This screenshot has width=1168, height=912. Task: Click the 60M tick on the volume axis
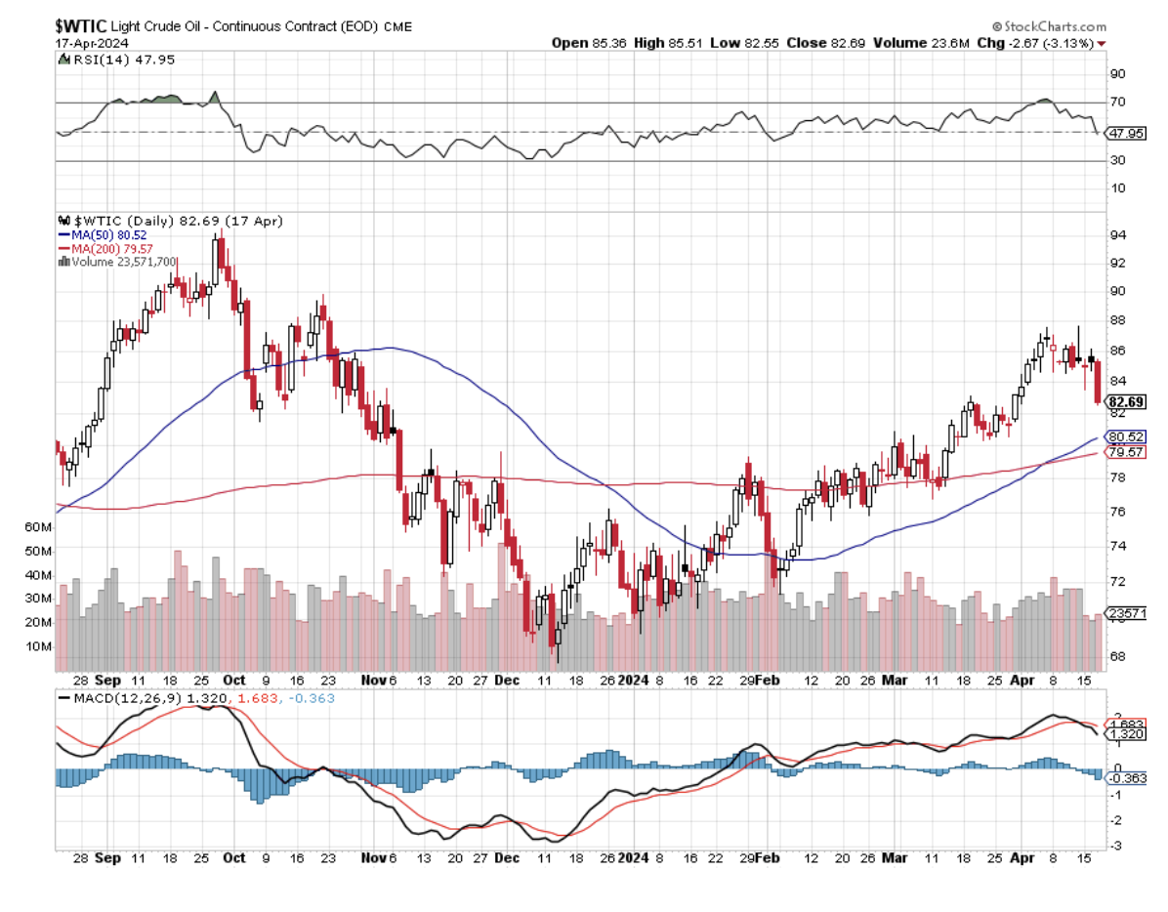pyautogui.click(x=38, y=527)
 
